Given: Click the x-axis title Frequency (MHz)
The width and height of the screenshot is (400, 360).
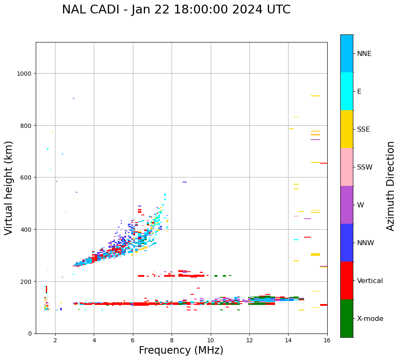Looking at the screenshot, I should pos(181,350).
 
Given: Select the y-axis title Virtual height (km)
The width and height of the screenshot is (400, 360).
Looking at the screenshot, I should pos(9,188).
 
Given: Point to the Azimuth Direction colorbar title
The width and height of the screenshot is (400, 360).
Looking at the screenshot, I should pos(391,186).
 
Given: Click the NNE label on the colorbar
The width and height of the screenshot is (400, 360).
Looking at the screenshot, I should pos(364,53).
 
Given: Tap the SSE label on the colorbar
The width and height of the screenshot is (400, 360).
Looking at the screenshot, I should pos(363,129).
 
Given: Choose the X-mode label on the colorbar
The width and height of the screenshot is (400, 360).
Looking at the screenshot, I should pos(370,318).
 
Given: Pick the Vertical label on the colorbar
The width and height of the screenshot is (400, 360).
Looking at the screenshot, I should pos(370,281).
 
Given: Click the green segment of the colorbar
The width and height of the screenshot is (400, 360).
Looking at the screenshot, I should pos(347,318).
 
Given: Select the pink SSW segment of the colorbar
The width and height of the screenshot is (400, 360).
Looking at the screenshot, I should pos(347,167).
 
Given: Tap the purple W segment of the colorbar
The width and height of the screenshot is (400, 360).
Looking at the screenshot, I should pos(347,205).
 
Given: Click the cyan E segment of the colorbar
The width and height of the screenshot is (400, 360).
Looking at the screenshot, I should pos(347,91).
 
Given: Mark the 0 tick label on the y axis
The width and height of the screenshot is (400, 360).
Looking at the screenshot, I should pos(30,334).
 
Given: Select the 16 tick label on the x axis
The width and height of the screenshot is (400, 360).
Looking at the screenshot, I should pos(327,341).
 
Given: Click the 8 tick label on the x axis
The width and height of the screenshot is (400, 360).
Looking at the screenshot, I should pos(172,341).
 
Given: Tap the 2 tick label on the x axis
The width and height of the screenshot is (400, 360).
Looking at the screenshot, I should pos(55,341).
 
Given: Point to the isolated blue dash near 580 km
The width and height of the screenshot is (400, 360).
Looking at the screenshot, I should pos(185,182).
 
